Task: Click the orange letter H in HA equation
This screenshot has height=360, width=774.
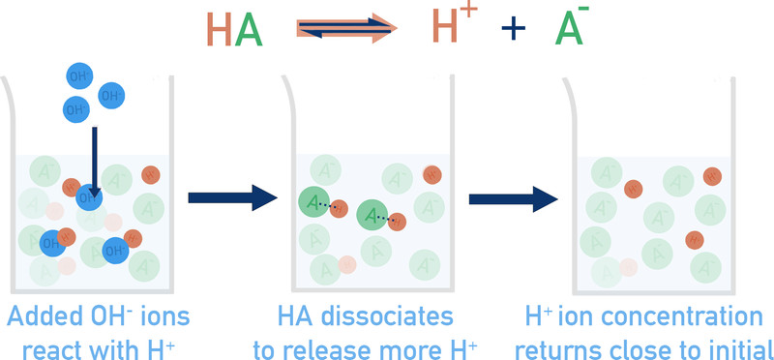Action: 220,29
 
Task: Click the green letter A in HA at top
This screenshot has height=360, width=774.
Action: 249,29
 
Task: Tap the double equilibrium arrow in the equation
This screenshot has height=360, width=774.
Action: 346,28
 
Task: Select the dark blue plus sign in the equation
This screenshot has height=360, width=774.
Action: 514,29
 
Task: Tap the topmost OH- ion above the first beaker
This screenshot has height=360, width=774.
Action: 79,76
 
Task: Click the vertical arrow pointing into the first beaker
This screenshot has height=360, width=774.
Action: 94,162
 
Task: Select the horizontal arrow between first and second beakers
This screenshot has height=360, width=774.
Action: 232,197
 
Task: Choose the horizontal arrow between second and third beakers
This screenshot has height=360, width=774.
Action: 514,199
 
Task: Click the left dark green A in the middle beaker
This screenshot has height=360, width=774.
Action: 313,202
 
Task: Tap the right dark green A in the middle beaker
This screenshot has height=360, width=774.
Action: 372,215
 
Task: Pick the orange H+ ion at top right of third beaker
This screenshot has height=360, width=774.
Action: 712,176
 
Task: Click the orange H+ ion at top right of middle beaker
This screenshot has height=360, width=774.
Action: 432,175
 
